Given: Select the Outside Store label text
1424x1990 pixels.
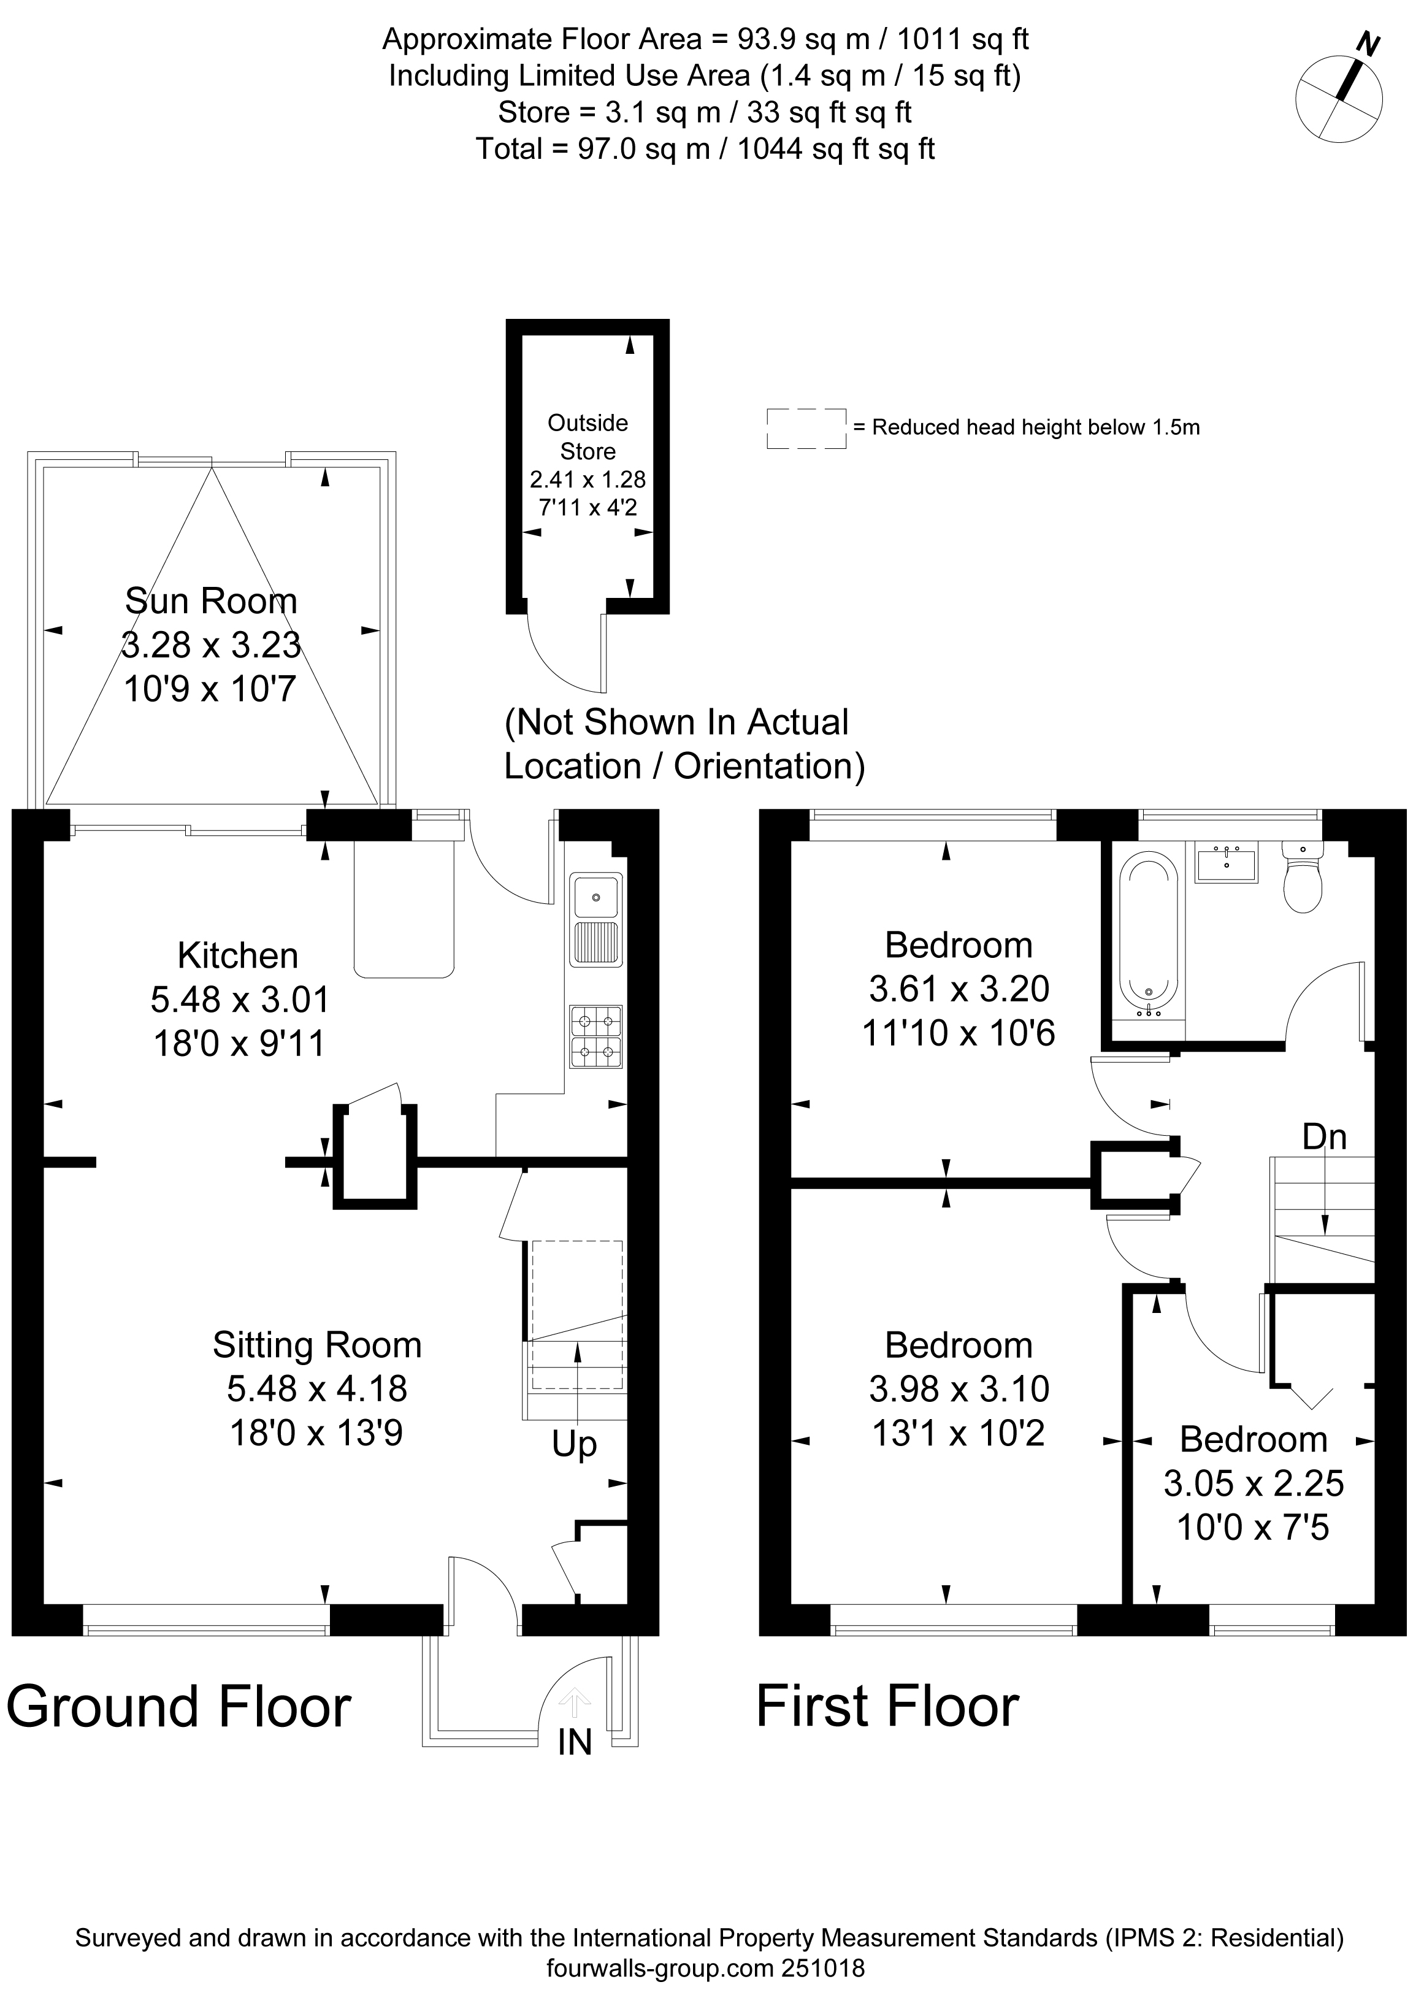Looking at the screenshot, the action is [588, 437].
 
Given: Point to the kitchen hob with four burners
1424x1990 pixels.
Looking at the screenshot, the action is [596, 1037].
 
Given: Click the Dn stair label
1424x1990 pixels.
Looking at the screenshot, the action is [1324, 1137].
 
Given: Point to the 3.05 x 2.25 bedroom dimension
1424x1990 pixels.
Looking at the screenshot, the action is [1254, 1483].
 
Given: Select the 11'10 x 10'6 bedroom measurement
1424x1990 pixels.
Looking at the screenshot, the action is [959, 1033].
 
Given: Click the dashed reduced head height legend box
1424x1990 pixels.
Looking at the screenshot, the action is [806, 429].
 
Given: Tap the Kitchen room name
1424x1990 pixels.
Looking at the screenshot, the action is [237, 955].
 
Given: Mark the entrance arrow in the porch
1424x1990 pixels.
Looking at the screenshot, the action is [575, 1702].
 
